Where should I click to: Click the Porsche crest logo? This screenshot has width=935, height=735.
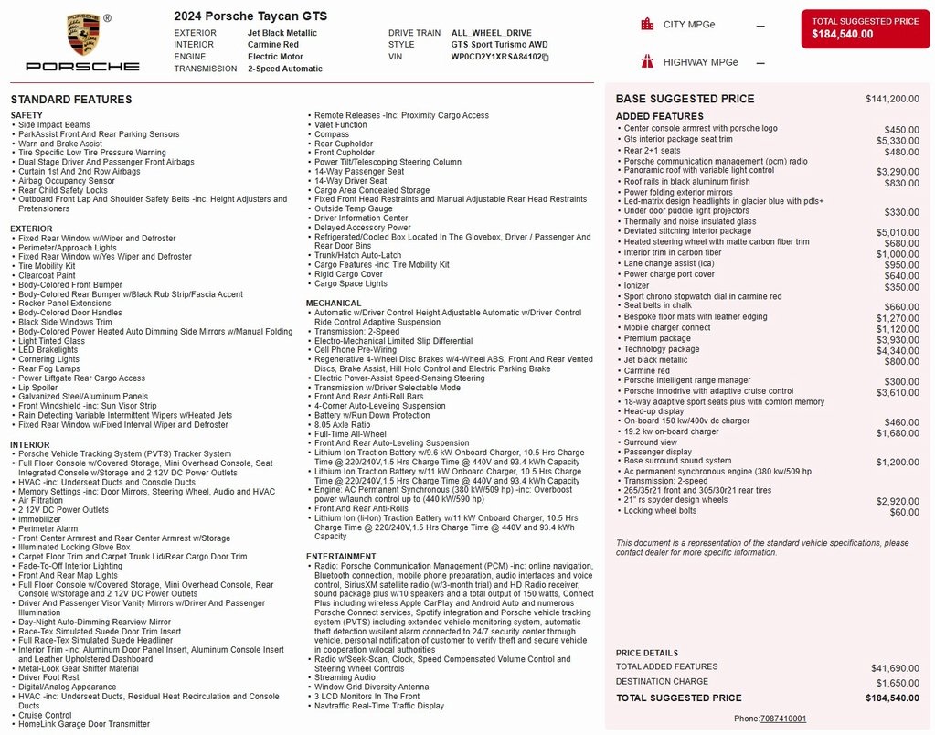click(x=83, y=34)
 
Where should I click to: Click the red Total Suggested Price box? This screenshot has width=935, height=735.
click(x=866, y=28)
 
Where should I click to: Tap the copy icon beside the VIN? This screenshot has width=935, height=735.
click(x=546, y=57)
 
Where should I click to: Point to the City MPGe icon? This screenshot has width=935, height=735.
click(x=647, y=25)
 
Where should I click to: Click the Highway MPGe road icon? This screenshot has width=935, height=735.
click(x=647, y=62)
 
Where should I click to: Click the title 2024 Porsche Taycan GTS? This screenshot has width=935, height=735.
click(x=250, y=16)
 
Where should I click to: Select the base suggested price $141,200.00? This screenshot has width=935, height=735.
click(x=892, y=99)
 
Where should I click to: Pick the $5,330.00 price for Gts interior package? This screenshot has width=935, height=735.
click(x=898, y=141)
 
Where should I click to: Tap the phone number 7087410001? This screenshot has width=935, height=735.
click(x=783, y=719)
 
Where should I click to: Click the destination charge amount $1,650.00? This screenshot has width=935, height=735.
click(x=895, y=683)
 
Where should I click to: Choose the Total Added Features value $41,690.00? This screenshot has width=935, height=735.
click(x=895, y=668)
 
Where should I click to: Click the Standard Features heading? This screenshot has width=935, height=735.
click(x=71, y=100)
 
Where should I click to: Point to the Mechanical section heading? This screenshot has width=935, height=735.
click(x=334, y=303)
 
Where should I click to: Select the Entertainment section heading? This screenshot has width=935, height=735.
click(x=341, y=556)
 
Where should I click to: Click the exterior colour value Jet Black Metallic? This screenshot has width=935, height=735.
click(x=282, y=33)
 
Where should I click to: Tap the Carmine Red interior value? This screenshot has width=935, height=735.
click(x=273, y=45)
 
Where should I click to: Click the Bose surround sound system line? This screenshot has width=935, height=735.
click(x=677, y=462)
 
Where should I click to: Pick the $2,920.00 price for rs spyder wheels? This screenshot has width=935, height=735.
click(x=898, y=501)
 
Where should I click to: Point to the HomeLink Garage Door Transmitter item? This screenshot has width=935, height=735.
click(x=84, y=724)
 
